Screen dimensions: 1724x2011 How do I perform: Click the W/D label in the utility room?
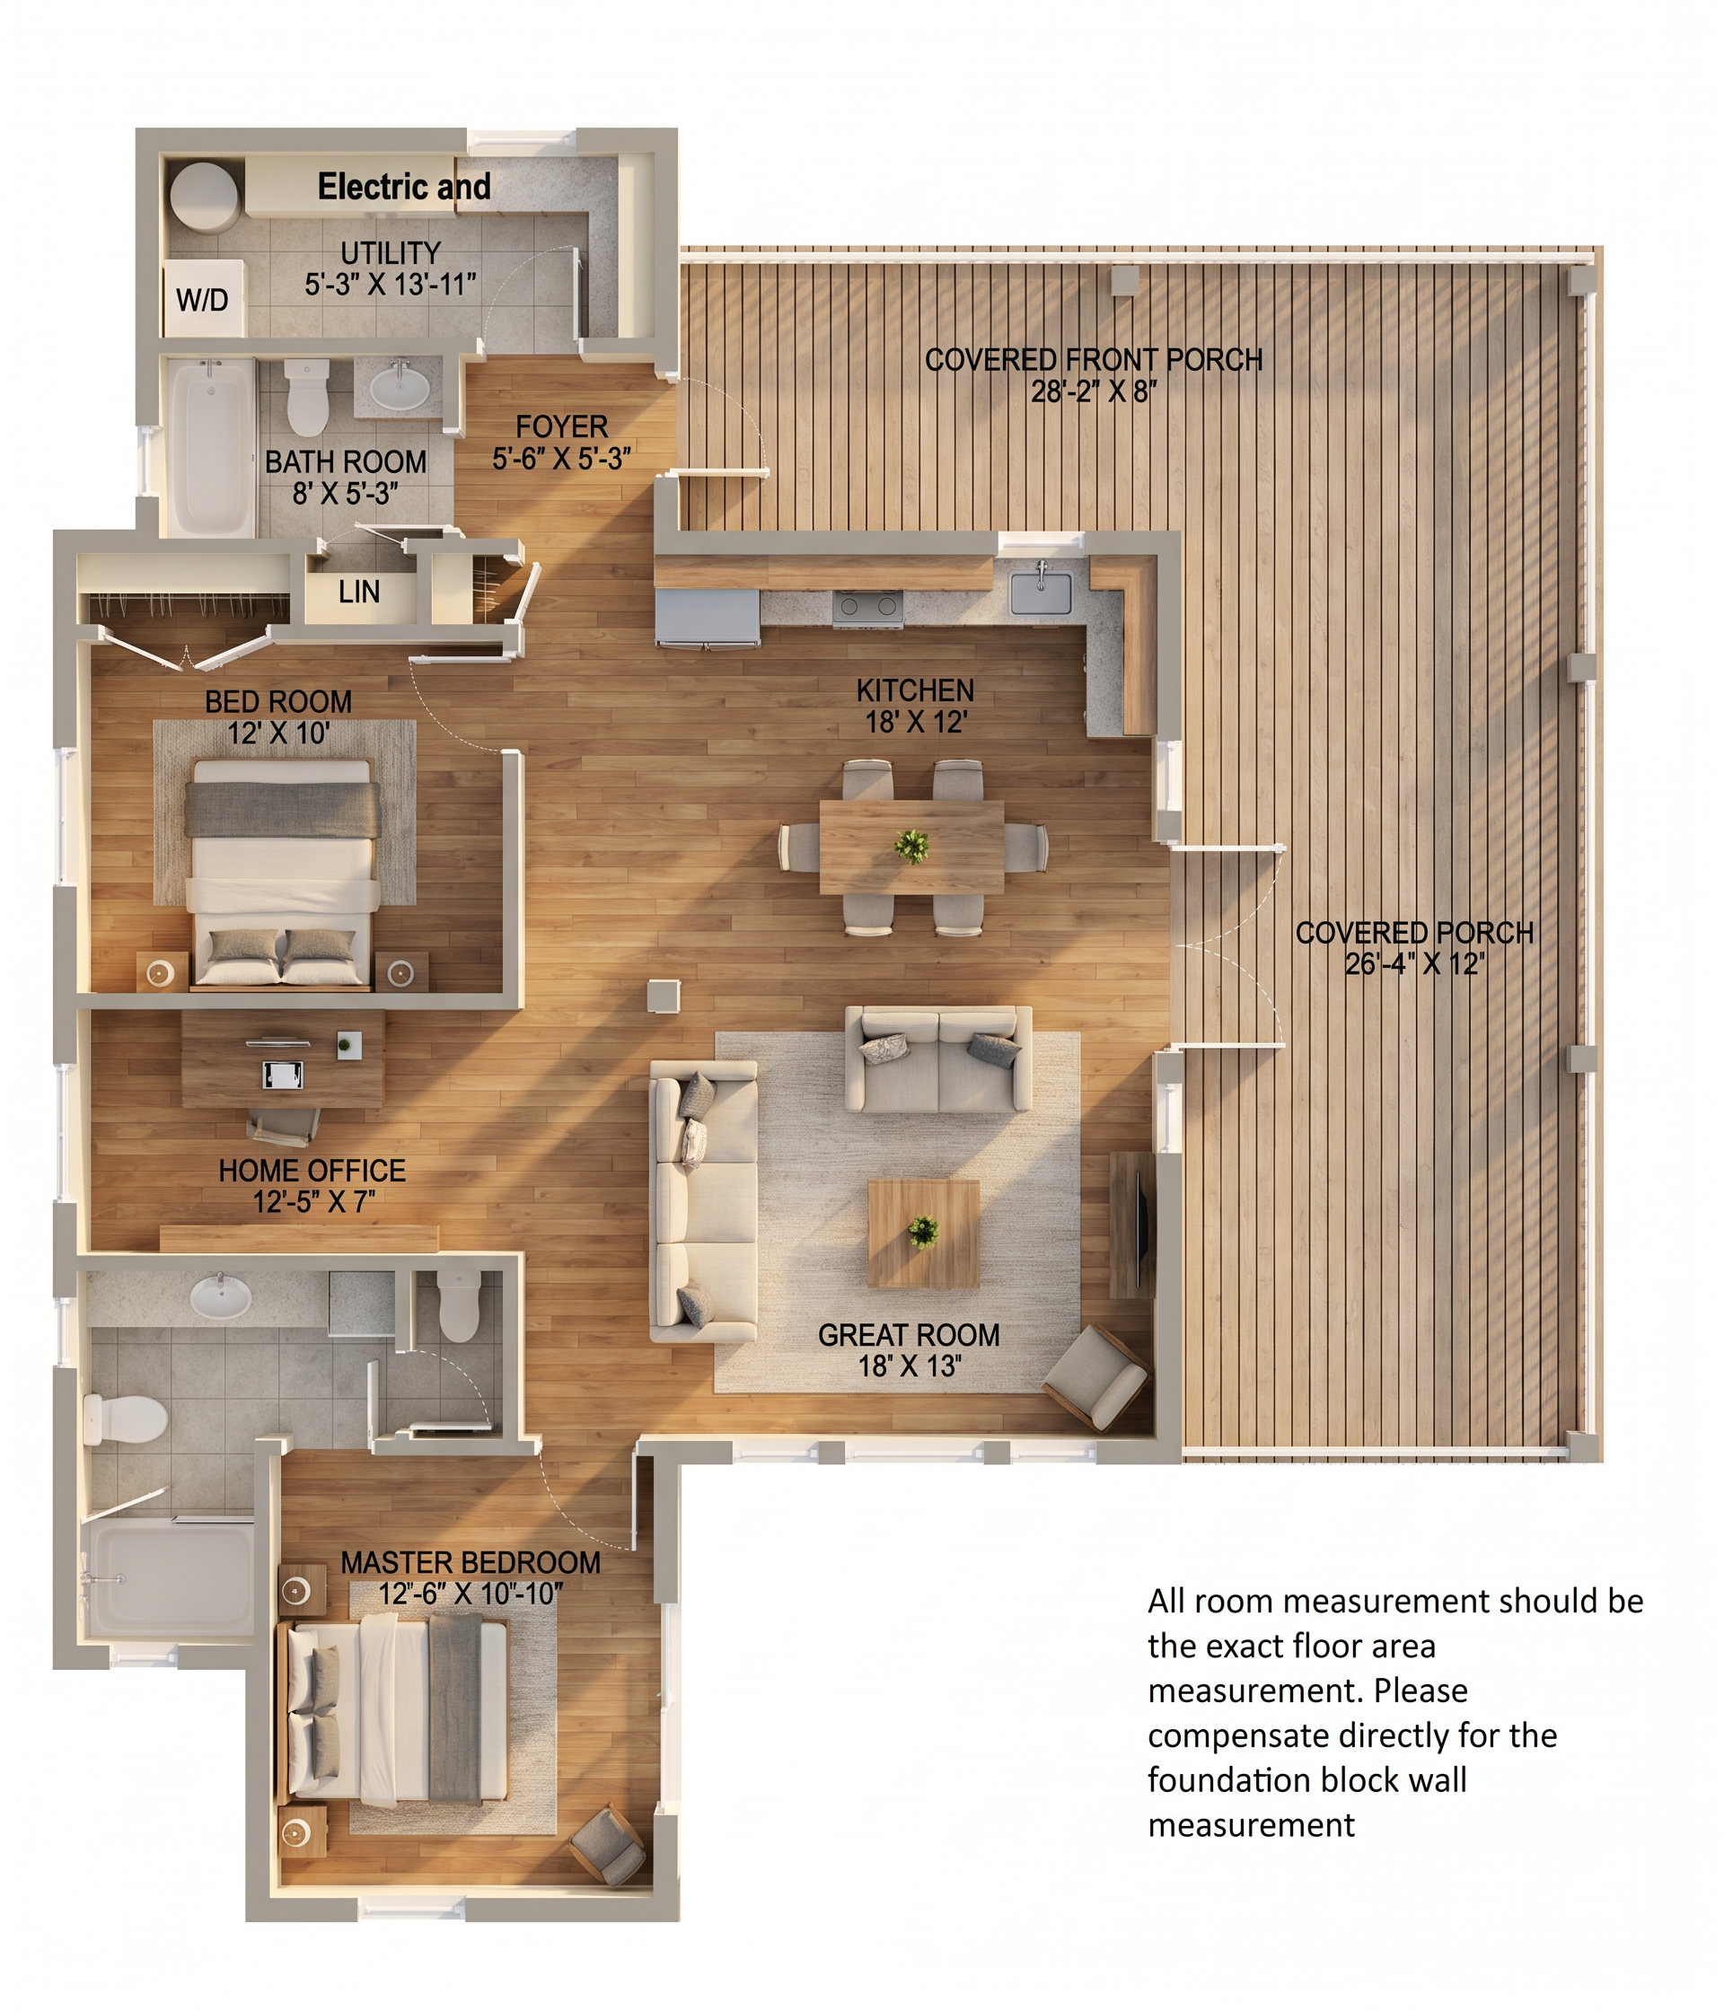coord(202,300)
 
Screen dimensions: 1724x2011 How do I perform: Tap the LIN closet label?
coord(358,591)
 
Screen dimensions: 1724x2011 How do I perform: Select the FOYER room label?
coord(561,426)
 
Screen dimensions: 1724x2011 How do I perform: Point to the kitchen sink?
coord(1041,591)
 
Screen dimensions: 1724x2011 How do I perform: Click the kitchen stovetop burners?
coord(866,607)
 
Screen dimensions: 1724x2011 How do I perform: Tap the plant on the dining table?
coord(911,846)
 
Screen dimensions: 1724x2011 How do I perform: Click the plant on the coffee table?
coord(923,1232)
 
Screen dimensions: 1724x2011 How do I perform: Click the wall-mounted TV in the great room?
coord(1142,1223)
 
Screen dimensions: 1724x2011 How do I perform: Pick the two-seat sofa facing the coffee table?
coord(937,1058)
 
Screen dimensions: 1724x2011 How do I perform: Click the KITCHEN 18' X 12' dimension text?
coord(915,721)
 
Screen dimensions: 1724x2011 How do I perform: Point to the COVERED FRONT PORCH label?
coord(1094,360)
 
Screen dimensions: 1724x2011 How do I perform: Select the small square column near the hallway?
coord(664,996)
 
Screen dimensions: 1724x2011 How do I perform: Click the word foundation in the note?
coord(1225,1780)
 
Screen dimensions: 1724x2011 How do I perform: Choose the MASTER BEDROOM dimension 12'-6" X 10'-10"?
coord(470,1594)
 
